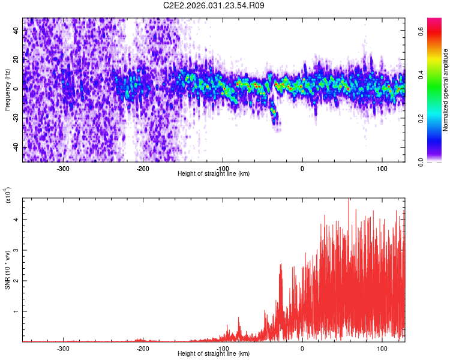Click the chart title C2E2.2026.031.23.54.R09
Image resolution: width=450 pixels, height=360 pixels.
coord(214,5)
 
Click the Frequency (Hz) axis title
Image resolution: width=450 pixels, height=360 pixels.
coord(7,90)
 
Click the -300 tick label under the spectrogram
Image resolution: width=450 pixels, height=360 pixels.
coord(63,168)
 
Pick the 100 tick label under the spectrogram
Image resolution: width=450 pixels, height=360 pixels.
coord(382,168)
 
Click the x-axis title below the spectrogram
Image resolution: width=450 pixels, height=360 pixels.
coord(214,174)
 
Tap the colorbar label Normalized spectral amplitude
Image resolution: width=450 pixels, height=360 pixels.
coord(445,90)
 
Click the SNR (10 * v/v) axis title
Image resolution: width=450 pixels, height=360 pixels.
coord(7,270)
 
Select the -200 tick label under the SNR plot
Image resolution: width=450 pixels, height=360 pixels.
coord(143,348)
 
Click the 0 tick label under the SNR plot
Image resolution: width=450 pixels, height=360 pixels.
coord(302,348)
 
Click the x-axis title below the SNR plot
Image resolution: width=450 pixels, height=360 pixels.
coord(214,354)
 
